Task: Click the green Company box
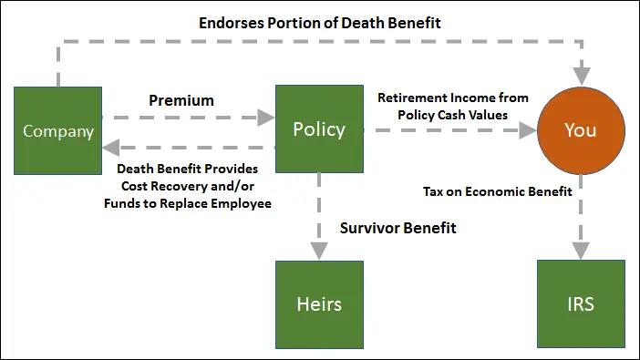coord(58,130)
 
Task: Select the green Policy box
coord(320,129)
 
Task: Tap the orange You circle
coord(581,130)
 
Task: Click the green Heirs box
coord(320,304)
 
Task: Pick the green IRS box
coord(581,303)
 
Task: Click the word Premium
coord(181,100)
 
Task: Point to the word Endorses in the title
coord(232,23)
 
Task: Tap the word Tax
coord(433,191)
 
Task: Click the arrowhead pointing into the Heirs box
coord(319,251)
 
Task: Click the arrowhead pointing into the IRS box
coord(581,251)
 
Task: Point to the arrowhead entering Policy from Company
coord(266,118)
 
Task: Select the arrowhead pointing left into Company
coord(111,148)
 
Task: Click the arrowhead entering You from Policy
coord(528,130)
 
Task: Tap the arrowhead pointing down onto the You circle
coord(582,76)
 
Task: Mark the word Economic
coord(496,191)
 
